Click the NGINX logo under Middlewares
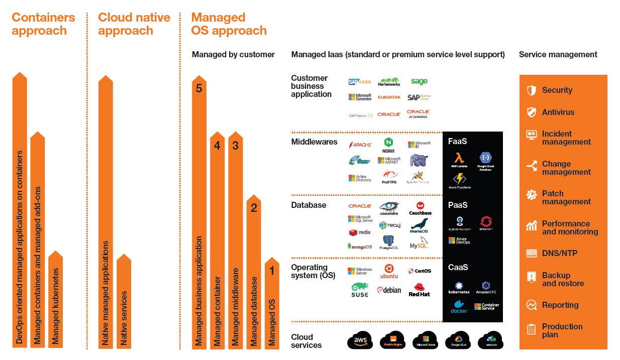(388, 145)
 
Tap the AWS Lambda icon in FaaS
(459, 160)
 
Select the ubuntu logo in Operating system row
(389, 271)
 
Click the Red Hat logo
(419, 290)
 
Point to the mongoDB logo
(360, 246)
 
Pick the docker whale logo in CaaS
(459, 306)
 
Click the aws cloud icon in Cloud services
(360, 340)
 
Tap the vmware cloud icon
(490, 340)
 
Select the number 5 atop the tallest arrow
(199, 88)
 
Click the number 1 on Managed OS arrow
(272, 271)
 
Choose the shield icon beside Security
(531, 90)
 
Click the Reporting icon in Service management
(531, 305)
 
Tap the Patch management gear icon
(531, 195)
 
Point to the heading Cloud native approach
(134, 24)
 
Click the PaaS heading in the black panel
(458, 205)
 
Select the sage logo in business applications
(419, 81)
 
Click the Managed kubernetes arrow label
(56, 306)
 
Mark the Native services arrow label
(124, 317)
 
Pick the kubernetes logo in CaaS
(459, 288)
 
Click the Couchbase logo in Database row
(420, 208)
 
